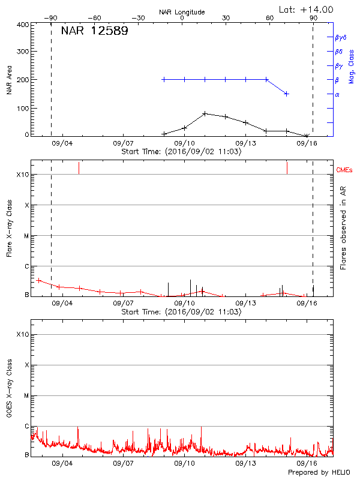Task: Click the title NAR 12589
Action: [x=94, y=31]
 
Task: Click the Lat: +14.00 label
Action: [x=307, y=10]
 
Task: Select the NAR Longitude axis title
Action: [x=182, y=11]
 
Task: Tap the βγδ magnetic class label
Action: [x=341, y=37]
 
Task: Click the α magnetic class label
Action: [x=337, y=94]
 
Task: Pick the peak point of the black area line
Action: [x=205, y=113]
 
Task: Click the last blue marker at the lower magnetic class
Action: [x=287, y=94]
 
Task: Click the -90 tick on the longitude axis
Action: [x=51, y=18]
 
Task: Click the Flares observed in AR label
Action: [x=343, y=227]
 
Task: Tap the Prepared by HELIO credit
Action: [x=319, y=473]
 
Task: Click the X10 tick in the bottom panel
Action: [x=23, y=334]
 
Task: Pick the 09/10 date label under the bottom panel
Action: [x=184, y=464]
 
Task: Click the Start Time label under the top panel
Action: [x=181, y=152]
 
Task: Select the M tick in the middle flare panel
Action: [x=26, y=236]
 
